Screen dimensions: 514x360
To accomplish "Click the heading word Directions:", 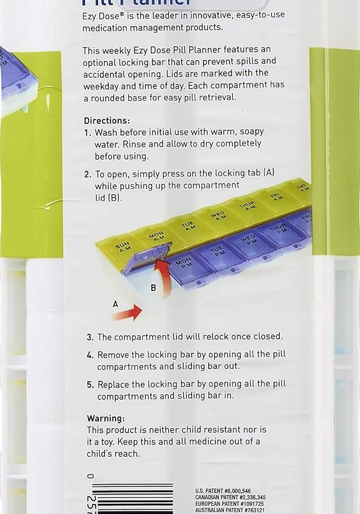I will point(107,121).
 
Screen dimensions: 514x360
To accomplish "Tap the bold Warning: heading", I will point(105,418).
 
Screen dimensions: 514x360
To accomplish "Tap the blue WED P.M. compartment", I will point(248,242).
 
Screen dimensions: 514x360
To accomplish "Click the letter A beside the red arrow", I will point(115,304).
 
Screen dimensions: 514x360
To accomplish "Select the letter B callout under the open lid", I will point(153,288).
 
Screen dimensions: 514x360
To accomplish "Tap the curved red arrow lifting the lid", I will point(166,278).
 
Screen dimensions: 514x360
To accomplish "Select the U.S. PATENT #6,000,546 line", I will point(223,491).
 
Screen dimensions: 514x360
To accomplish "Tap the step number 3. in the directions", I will point(90,337).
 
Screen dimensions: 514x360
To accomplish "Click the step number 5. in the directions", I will point(90,384).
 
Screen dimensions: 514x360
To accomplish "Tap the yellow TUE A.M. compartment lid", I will point(190,226).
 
